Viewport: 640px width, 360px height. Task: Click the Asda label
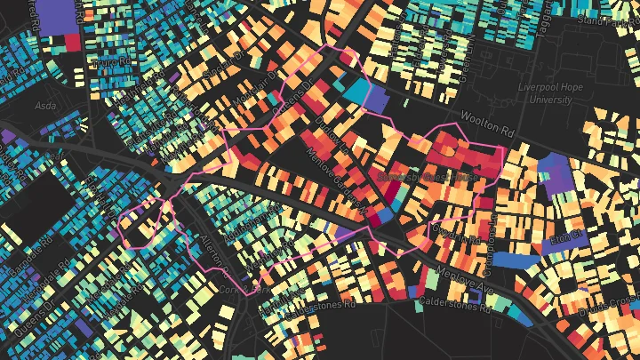[44, 105]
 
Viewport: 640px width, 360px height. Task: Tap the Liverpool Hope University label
[539, 94]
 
